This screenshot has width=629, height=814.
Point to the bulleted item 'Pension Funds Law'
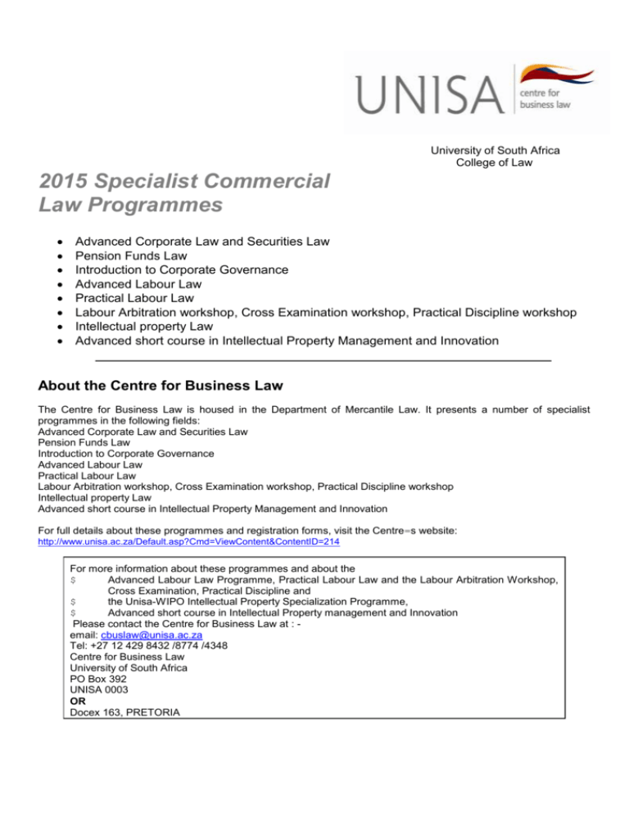click(130, 256)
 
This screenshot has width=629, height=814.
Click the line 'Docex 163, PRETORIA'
click(123, 712)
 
